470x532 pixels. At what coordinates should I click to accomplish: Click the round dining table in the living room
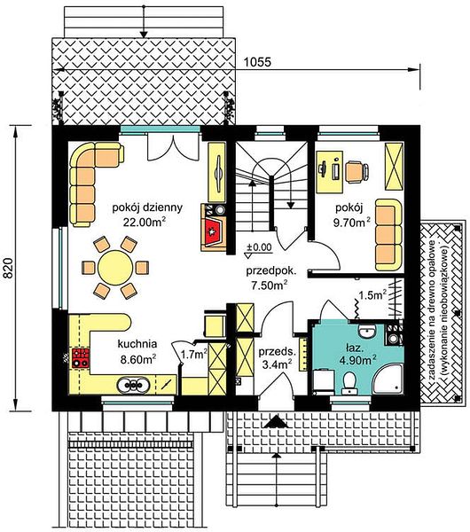tap(115, 268)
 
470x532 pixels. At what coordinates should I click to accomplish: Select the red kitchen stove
tap(81, 358)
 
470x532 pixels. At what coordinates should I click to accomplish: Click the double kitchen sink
tap(133, 385)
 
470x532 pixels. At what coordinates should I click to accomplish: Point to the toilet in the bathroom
tap(349, 382)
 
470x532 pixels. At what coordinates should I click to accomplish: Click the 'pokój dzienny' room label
tap(147, 207)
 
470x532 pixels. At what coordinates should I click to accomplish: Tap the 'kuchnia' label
tap(137, 344)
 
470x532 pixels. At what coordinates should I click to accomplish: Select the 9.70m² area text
tap(351, 223)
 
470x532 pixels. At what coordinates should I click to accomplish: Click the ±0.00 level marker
tap(259, 247)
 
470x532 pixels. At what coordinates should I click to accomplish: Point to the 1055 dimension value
tap(257, 62)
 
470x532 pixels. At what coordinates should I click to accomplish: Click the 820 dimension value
tap(8, 269)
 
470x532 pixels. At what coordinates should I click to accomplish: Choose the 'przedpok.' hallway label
tap(271, 271)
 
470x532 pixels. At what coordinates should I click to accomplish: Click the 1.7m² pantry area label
tap(194, 355)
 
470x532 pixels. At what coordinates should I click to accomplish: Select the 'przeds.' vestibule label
tap(278, 352)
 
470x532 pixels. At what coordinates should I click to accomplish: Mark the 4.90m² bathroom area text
tap(357, 360)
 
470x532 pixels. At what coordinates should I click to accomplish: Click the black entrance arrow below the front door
tap(276, 421)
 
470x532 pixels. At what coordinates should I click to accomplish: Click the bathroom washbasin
tap(367, 332)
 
